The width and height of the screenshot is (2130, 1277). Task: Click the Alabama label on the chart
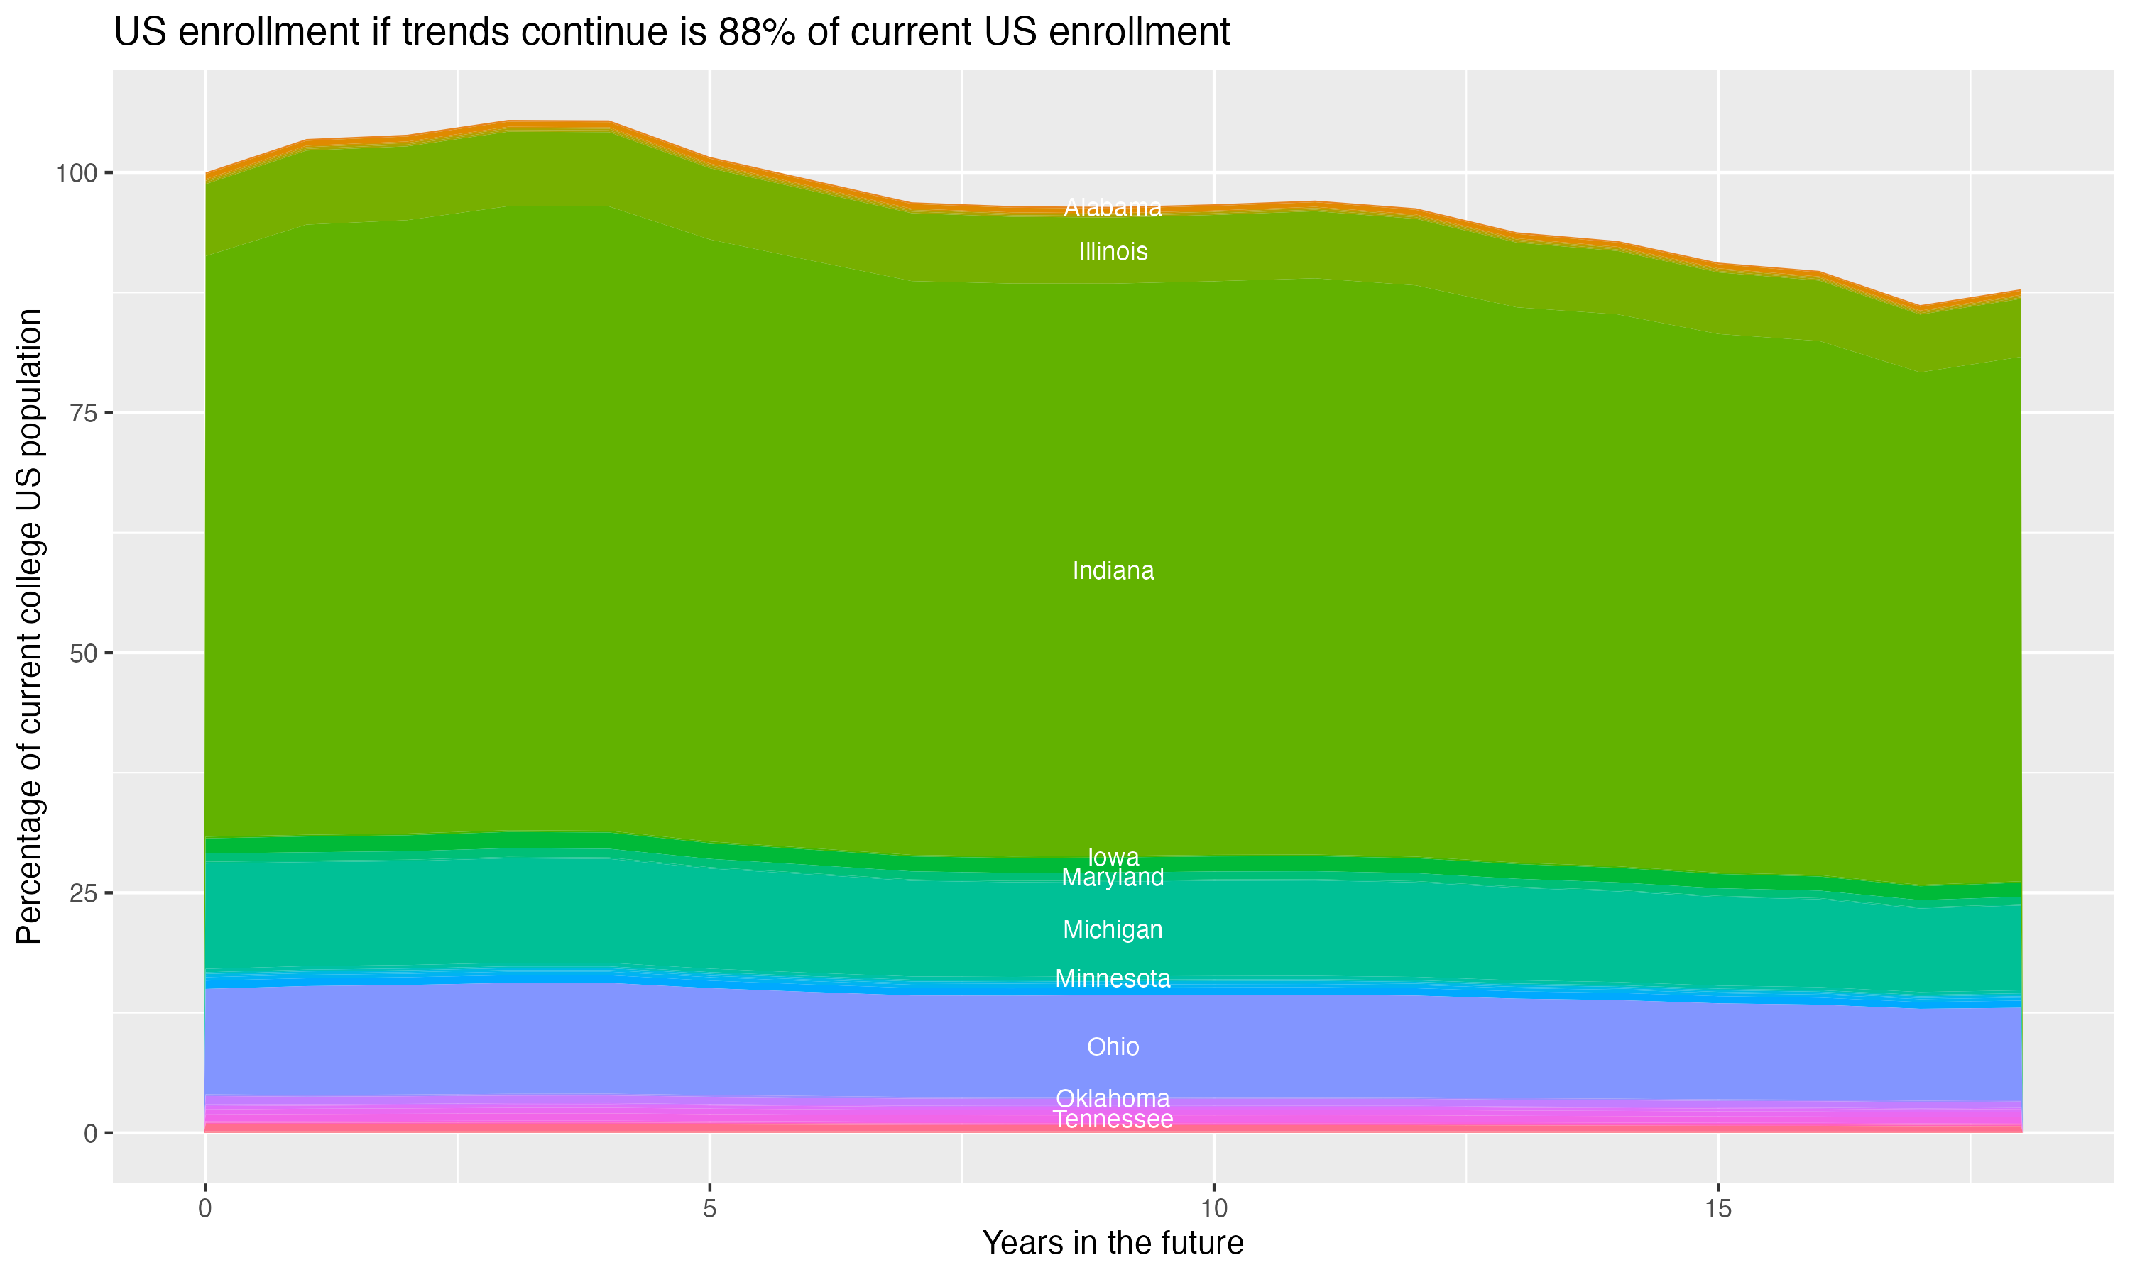[1113, 207]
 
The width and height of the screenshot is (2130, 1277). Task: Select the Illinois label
[1113, 251]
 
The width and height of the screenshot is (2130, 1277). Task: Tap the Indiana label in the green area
[1113, 570]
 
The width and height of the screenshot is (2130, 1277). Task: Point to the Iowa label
[1113, 857]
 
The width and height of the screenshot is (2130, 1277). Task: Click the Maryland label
[1113, 878]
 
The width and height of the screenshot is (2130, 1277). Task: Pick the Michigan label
[1113, 929]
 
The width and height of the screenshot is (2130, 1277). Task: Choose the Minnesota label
[1113, 978]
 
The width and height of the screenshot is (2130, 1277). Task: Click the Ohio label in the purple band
[1113, 1046]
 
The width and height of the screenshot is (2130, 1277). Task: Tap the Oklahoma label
[1113, 1098]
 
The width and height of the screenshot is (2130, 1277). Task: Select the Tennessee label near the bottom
[1113, 1120]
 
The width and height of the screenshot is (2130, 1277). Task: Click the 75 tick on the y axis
[82, 413]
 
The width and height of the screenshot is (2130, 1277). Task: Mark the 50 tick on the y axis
[82, 653]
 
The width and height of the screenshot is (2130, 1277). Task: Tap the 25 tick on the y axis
[82, 893]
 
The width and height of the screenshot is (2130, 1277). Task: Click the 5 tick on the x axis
[709, 1209]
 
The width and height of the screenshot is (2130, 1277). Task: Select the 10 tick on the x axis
[1213, 1209]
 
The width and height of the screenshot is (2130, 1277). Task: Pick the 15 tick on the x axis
[1717, 1209]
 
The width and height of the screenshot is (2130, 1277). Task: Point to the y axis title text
[29, 626]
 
